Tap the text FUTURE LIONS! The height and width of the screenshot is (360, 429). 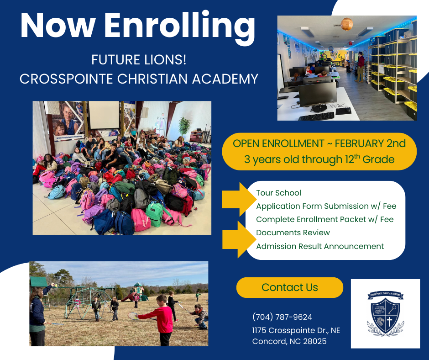point(138,60)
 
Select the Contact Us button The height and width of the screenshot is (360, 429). point(289,287)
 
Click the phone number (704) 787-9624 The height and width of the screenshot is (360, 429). point(282,317)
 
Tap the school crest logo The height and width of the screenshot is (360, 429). point(385,314)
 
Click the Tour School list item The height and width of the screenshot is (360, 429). point(278,193)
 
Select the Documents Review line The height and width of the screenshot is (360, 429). point(293,233)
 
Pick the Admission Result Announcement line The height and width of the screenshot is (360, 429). point(320,246)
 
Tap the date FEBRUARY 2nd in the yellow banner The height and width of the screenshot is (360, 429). point(370,143)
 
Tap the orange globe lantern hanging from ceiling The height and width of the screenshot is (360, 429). point(347,24)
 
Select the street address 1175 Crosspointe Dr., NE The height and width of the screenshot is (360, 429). point(296,330)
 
